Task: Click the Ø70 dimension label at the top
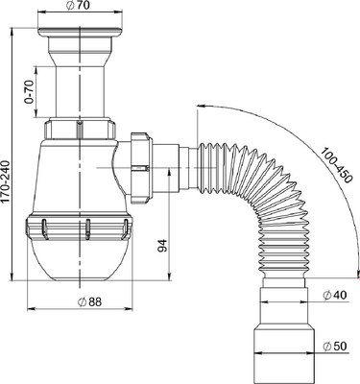pos(79,6)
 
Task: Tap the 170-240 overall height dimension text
pos(6,181)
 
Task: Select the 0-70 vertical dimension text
pos(30,92)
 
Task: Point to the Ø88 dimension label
pos(89,301)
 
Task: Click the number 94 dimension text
pos(162,245)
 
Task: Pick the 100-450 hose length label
pos(336,165)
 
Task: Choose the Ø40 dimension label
pos(334,295)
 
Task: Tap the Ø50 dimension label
pos(335,347)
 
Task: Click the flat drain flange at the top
pos(80,33)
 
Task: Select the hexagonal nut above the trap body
pos(79,129)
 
